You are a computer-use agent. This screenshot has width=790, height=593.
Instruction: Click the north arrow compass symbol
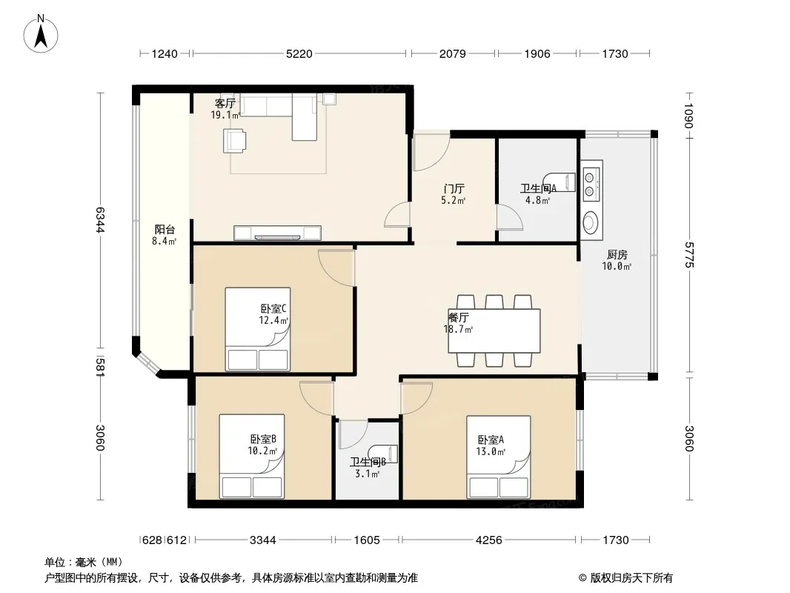click(x=41, y=34)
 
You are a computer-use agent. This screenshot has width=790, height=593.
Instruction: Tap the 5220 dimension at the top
click(x=299, y=54)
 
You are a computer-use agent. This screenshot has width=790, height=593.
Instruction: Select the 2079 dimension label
click(x=453, y=54)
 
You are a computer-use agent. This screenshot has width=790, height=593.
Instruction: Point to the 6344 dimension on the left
click(x=100, y=219)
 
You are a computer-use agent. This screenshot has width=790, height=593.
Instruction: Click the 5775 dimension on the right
click(x=688, y=255)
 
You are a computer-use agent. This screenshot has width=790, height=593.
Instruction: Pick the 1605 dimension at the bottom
click(x=367, y=540)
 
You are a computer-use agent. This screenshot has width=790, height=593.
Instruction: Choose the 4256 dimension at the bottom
click(x=488, y=540)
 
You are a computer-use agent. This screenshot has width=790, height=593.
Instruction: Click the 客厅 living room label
click(x=225, y=103)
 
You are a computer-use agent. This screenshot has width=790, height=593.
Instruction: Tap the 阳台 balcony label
click(x=165, y=230)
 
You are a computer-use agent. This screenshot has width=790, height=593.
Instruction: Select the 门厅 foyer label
click(x=454, y=189)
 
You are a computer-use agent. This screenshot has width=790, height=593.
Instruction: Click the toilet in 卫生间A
click(x=560, y=182)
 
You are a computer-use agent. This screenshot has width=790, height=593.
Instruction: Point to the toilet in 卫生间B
click(x=383, y=454)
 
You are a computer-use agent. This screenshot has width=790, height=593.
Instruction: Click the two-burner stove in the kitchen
click(x=591, y=184)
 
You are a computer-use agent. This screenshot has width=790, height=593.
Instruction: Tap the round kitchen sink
click(x=590, y=222)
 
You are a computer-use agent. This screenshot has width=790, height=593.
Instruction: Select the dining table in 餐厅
click(x=494, y=331)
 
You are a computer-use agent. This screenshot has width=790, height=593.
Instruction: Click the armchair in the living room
click(x=235, y=141)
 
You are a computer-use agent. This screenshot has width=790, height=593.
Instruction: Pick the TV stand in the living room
click(x=277, y=233)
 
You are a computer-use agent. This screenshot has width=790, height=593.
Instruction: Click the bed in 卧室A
click(x=498, y=457)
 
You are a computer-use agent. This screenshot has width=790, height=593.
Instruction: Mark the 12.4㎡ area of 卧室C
click(x=273, y=320)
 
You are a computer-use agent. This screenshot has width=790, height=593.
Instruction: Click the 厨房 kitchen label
click(x=617, y=255)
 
